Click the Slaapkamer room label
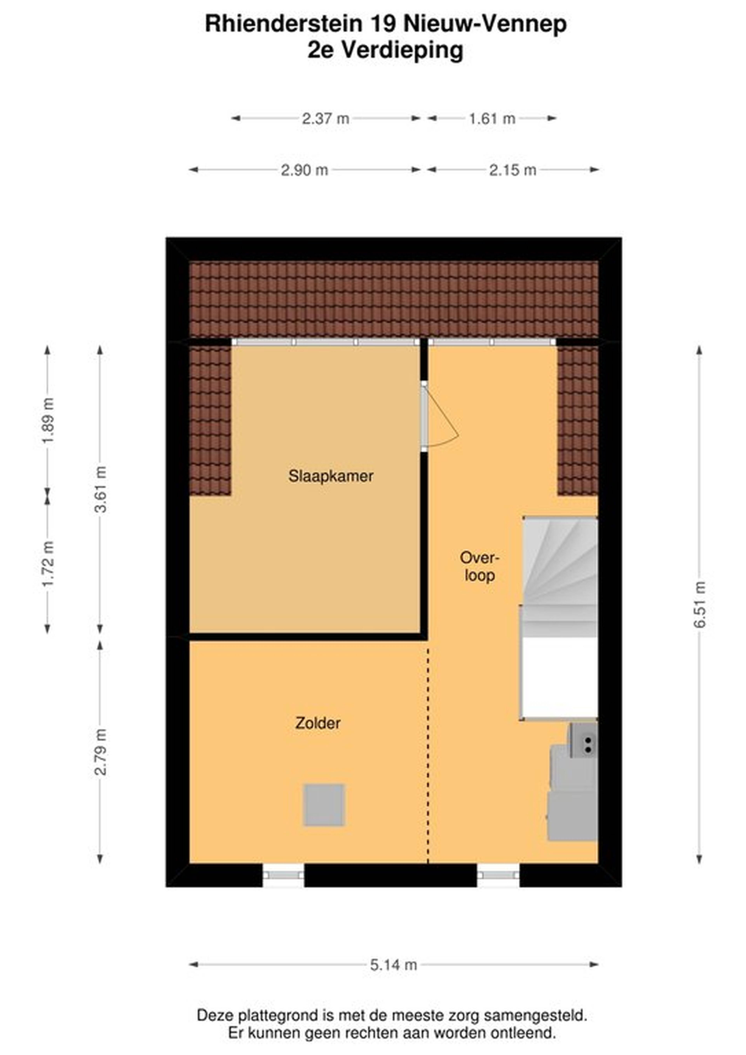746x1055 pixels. pos(330,476)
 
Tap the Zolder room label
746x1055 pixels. pos(318,723)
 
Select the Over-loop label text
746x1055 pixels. pos(479,567)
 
